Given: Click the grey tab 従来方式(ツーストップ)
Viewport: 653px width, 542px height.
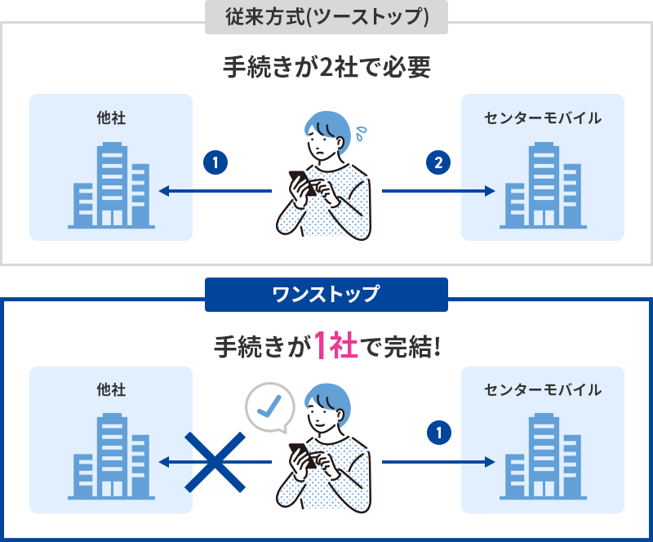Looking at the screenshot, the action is (x=326, y=17).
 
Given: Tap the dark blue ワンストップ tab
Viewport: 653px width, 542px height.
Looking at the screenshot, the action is (x=326, y=295).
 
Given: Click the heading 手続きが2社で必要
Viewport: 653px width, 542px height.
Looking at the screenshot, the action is (x=326, y=67).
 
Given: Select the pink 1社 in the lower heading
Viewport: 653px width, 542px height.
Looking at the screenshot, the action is (x=335, y=345).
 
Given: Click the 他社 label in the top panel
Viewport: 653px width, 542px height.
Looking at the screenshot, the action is (x=111, y=118).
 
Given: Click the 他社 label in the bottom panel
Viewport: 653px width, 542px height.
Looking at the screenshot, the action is (x=111, y=389).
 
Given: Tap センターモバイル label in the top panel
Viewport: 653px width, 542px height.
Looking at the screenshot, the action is (x=543, y=118).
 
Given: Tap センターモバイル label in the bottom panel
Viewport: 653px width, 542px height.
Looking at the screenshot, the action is (x=543, y=389).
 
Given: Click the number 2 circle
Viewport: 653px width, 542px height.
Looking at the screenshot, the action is (x=438, y=162).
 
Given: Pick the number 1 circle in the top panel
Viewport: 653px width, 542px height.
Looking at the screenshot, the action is (x=215, y=162).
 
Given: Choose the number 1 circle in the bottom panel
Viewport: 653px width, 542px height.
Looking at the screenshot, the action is (x=439, y=433).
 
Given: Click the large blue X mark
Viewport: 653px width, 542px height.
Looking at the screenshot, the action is (x=215, y=462).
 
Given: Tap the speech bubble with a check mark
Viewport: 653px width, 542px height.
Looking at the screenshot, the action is (x=270, y=407).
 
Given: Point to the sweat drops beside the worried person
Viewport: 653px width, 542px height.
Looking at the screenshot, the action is (x=361, y=133).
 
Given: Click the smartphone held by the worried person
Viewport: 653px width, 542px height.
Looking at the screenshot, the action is (x=302, y=183).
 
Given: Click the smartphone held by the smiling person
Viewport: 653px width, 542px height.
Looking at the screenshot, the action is (x=302, y=455).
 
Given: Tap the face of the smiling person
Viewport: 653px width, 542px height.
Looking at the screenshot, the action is (x=323, y=419).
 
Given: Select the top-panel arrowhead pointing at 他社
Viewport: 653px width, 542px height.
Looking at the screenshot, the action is (x=164, y=191).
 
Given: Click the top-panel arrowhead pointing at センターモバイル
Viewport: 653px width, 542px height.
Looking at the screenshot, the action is (x=490, y=191).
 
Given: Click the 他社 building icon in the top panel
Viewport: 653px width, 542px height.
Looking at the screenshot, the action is (x=111, y=185).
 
